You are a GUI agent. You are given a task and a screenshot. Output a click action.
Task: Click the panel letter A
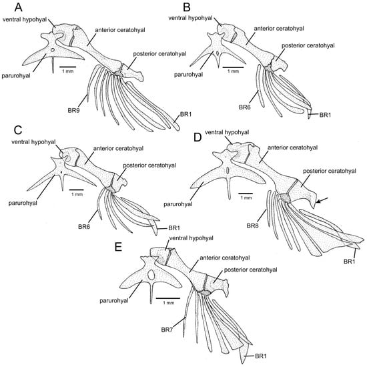[18, 7]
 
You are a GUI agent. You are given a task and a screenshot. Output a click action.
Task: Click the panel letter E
[118, 247]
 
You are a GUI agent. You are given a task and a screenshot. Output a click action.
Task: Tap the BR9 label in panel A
[73, 110]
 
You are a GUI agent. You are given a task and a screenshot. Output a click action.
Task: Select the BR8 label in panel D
[252, 226]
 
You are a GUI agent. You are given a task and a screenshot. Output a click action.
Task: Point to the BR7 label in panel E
[167, 330]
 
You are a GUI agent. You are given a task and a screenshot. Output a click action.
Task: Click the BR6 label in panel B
[245, 107]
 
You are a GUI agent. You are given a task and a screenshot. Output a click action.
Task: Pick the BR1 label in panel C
[174, 228]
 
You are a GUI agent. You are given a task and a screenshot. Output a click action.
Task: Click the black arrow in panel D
[322, 200]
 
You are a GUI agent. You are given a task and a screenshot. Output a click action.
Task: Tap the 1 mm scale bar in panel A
[67, 67]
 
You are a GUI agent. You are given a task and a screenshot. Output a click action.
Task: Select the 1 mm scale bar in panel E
[167, 298]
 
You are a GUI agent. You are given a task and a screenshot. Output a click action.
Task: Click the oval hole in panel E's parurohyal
[151, 274]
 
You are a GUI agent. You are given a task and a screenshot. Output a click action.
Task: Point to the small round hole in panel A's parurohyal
[53, 50]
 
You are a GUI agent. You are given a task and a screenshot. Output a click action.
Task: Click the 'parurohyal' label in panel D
[178, 204]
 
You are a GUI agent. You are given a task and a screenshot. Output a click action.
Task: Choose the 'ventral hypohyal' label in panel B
[190, 18]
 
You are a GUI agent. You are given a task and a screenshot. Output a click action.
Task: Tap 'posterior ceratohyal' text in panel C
[149, 165]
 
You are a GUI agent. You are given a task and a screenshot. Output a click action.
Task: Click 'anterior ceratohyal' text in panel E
[225, 258]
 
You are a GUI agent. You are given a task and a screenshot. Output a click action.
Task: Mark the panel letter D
[198, 137]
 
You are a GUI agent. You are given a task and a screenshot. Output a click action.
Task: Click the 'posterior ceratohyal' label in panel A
[160, 54]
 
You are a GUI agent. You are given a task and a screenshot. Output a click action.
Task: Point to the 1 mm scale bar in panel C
[77, 190]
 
